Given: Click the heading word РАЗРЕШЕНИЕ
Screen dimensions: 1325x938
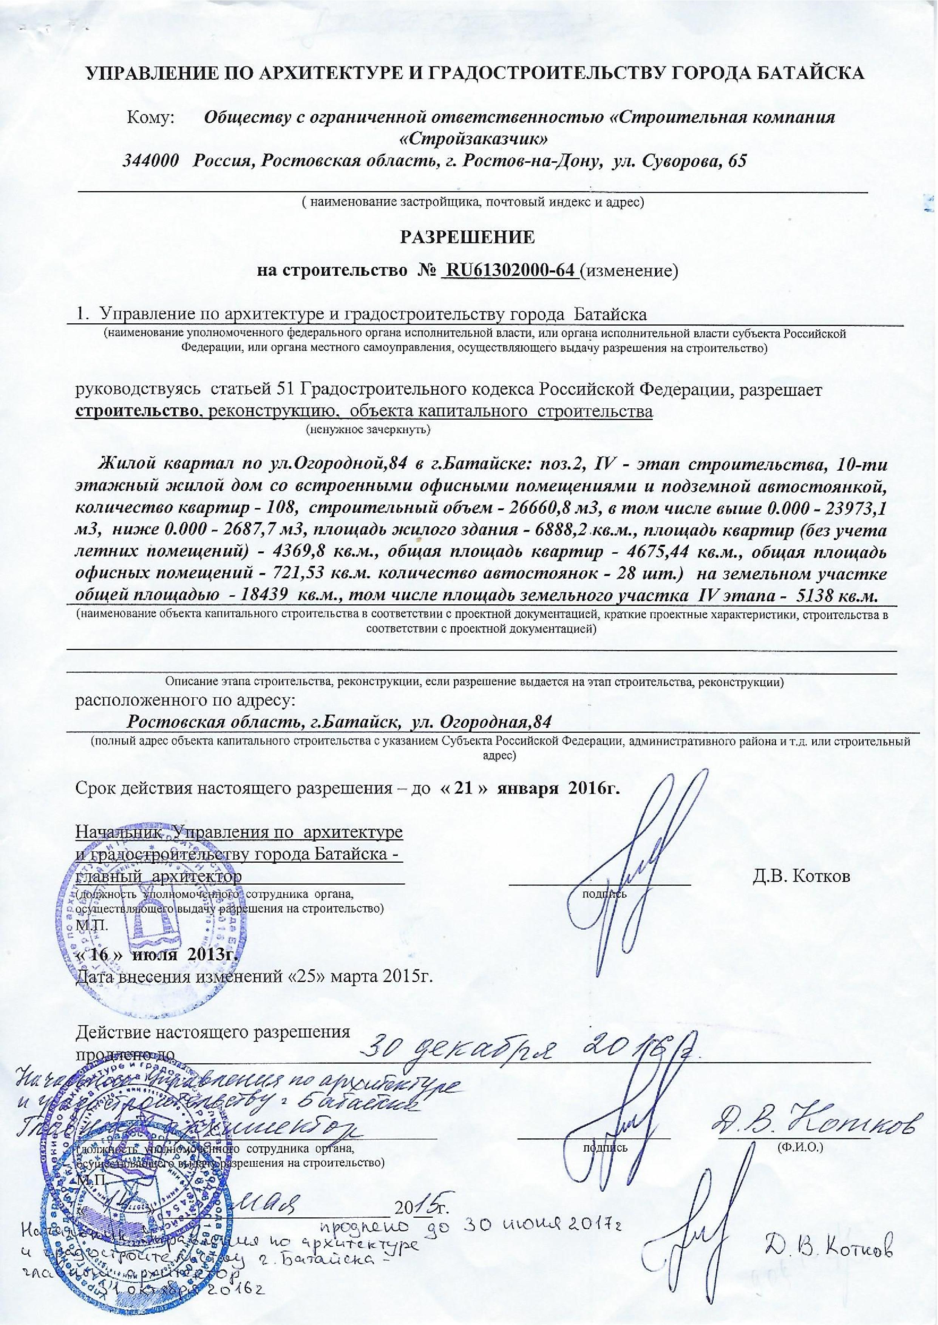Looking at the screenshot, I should (x=468, y=237).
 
